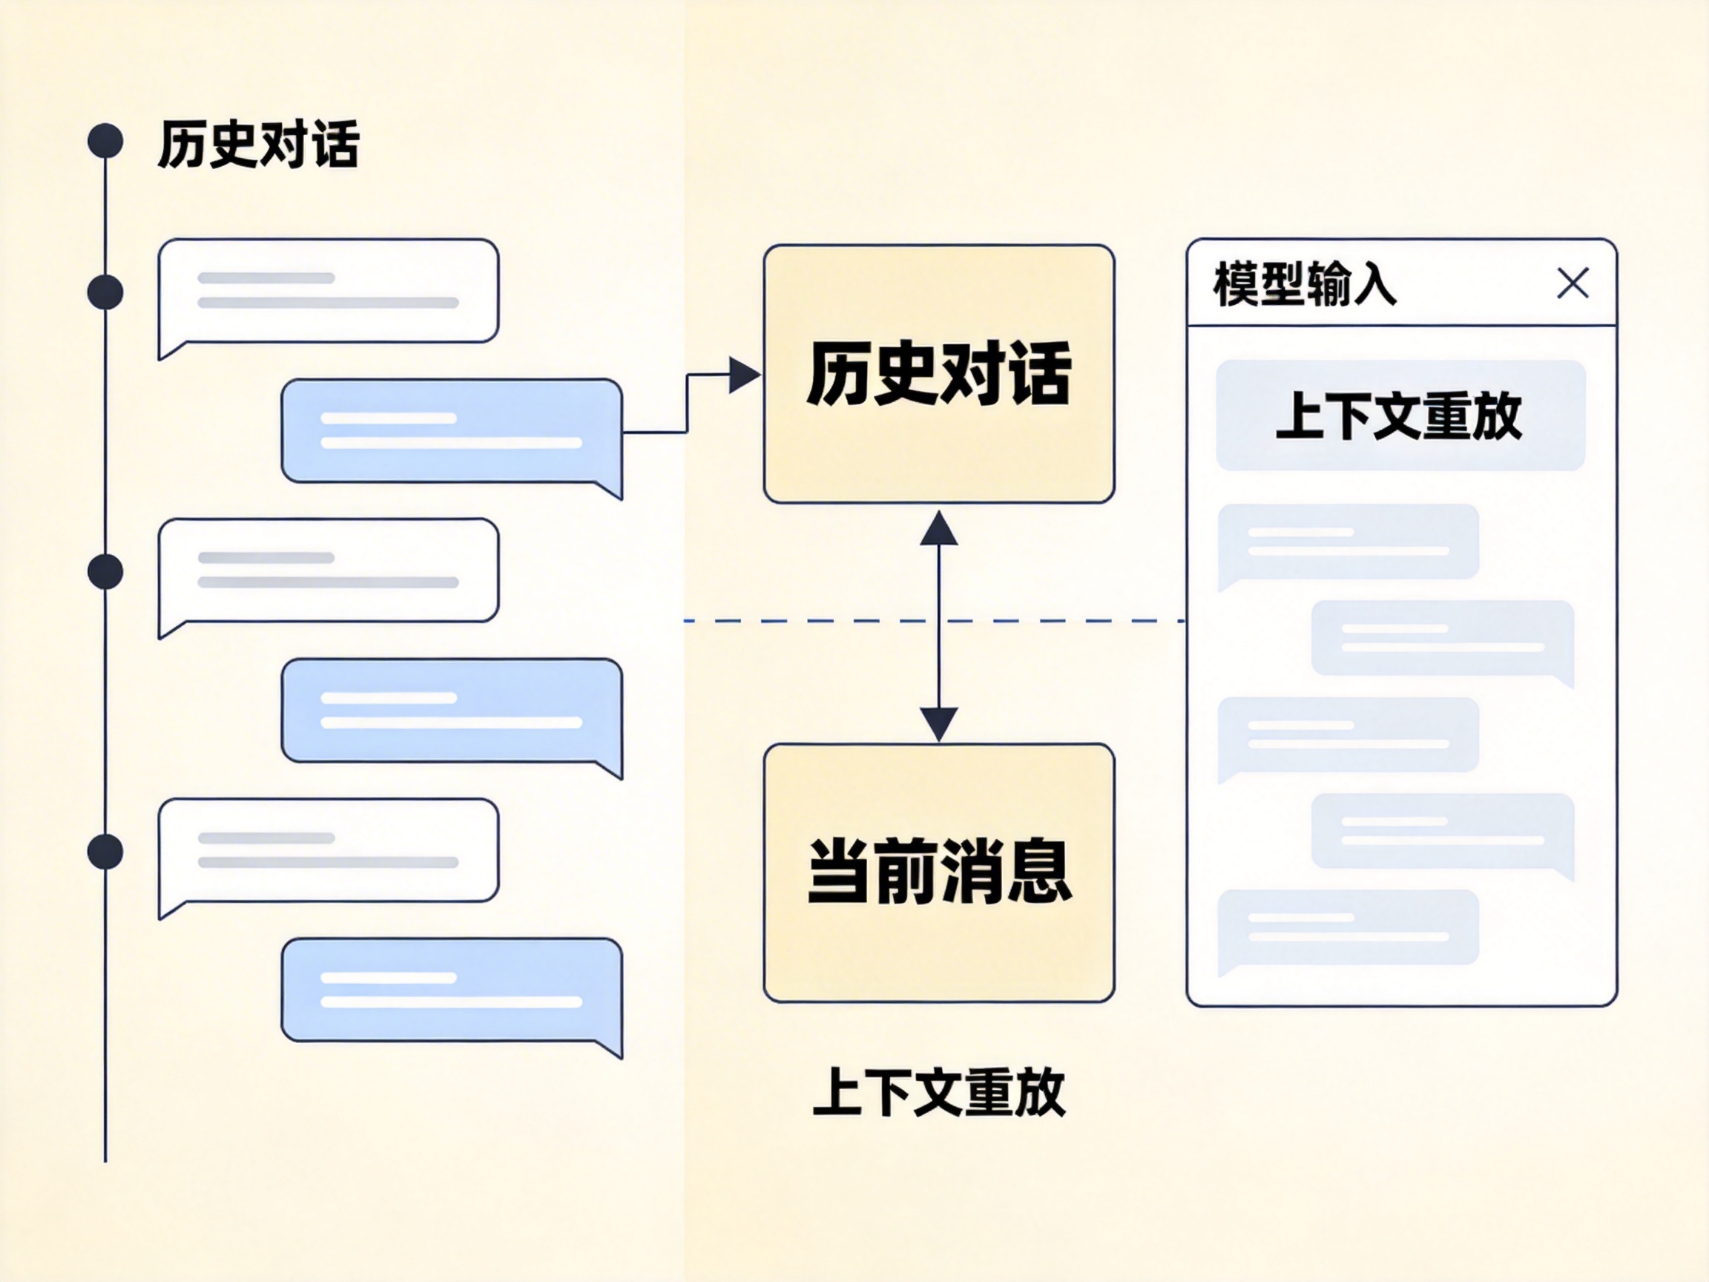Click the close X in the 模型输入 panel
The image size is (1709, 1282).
pos(1573,283)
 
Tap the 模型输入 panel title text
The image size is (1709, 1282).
pos(1305,284)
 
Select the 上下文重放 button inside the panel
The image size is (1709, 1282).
pos(1400,415)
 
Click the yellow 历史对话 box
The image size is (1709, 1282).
pos(939,374)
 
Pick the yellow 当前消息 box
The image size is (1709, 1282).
pos(939,872)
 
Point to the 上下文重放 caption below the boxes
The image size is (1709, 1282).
pos(939,1092)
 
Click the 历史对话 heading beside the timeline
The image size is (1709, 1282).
pos(258,144)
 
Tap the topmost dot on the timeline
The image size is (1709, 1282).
pos(105,141)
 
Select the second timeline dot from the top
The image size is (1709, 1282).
pos(105,292)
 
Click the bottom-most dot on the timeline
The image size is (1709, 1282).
pos(105,852)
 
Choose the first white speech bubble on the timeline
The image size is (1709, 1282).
pos(329,291)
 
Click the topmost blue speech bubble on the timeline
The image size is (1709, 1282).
pos(452,431)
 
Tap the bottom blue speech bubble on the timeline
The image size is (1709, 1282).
pos(452,990)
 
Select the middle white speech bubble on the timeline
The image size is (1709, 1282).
pos(329,571)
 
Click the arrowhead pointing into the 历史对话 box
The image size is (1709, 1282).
pos(744,375)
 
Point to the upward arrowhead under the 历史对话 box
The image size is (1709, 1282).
pos(939,529)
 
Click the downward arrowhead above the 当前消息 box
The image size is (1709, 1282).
pos(939,723)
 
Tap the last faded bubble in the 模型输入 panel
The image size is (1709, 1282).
pos(1349,927)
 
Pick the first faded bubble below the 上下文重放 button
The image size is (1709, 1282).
pos(1349,542)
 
